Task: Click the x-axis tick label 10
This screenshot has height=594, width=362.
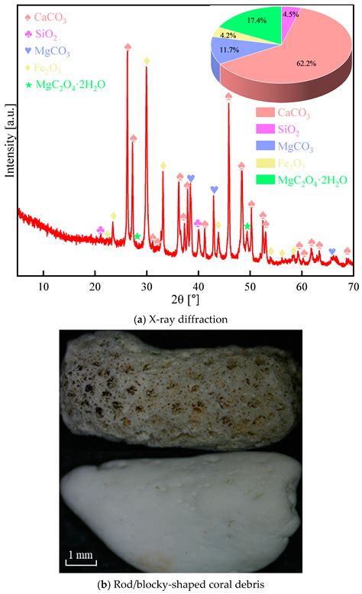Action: [x=44, y=287]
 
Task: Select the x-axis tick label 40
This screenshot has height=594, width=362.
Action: [x=199, y=287]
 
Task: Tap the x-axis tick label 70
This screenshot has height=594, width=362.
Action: [x=353, y=287]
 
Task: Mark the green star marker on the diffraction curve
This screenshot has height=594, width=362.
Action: [x=137, y=236]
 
